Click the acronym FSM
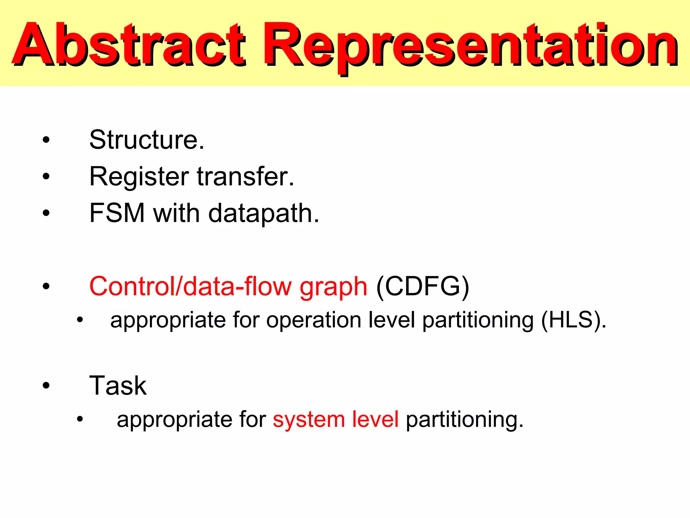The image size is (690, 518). coord(117,213)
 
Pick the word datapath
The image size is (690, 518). coord(263,214)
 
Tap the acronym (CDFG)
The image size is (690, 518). coord(422,286)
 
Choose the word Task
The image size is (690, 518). coord(118,385)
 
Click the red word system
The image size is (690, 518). coord(309,420)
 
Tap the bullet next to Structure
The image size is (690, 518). coord(46,140)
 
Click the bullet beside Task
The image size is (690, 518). coord(46,385)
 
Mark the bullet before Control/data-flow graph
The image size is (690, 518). coord(46,287)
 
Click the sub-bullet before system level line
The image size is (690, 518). coord(80,419)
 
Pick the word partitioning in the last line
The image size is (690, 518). coord(464,420)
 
